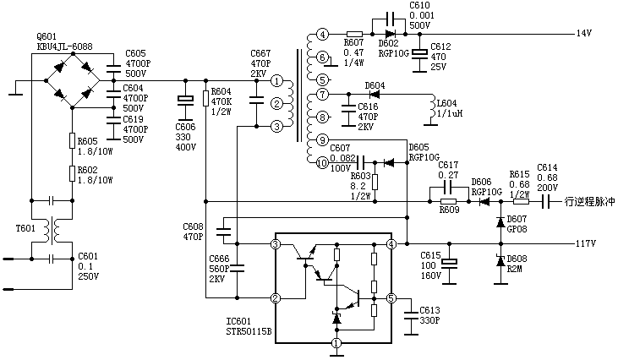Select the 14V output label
[583, 34]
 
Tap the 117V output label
[586, 243]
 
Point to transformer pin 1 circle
[276, 80]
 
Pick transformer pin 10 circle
[322, 163]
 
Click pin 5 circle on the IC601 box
[391, 297]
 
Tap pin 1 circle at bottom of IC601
[336, 343]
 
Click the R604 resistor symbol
[205, 99]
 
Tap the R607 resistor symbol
[355, 35]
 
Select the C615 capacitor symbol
[449, 263]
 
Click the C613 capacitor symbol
[410, 312]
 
